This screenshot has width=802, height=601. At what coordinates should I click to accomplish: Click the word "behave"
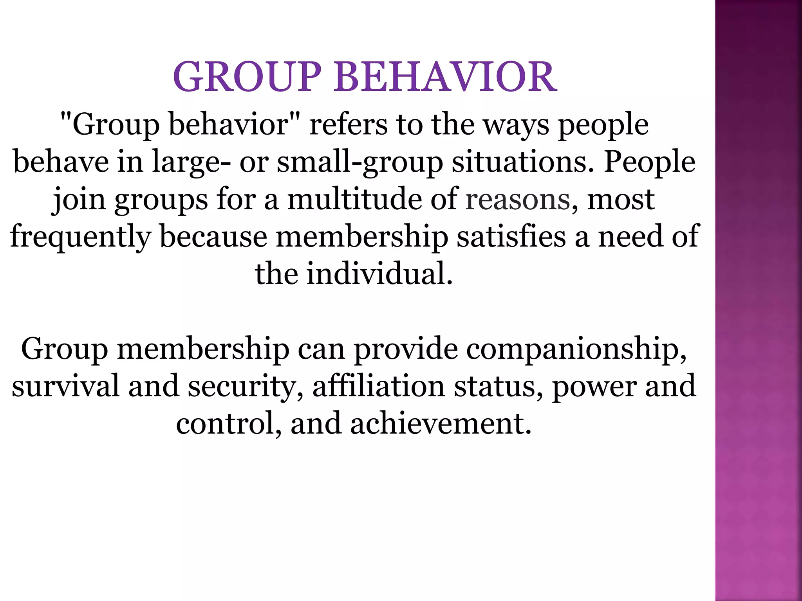click(x=61, y=162)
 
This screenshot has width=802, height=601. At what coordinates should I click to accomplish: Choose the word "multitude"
click(x=354, y=199)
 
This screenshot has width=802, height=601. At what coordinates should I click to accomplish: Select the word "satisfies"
click(x=511, y=236)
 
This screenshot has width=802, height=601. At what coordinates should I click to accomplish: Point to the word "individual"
click(x=379, y=274)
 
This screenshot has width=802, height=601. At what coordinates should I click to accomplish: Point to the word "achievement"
click(x=441, y=423)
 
